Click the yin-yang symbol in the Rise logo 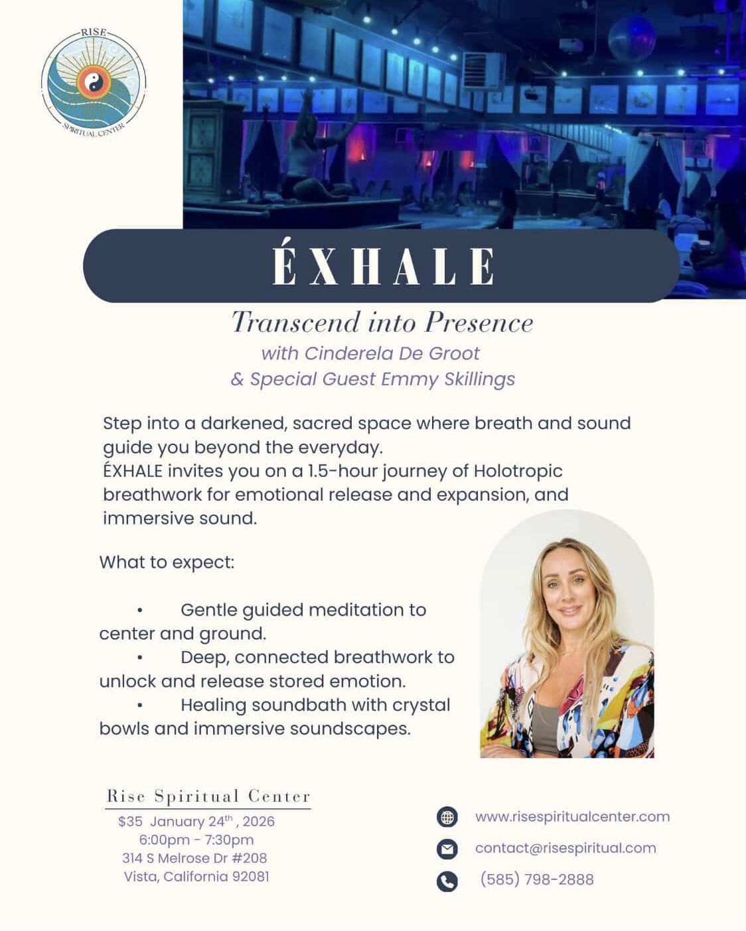point(93,82)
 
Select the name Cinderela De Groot point(392,353)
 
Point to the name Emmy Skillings point(448,379)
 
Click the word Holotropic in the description point(518,471)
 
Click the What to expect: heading point(167,563)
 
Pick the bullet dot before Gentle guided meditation point(139,611)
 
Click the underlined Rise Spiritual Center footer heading point(208,796)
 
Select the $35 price point(130,822)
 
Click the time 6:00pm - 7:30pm point(196,840)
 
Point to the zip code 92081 point(251,877)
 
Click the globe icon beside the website point(447,817)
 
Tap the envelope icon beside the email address point(447,849)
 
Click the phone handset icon point(447,881)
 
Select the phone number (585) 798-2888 point(537,879)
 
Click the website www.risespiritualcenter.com point(572,817)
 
